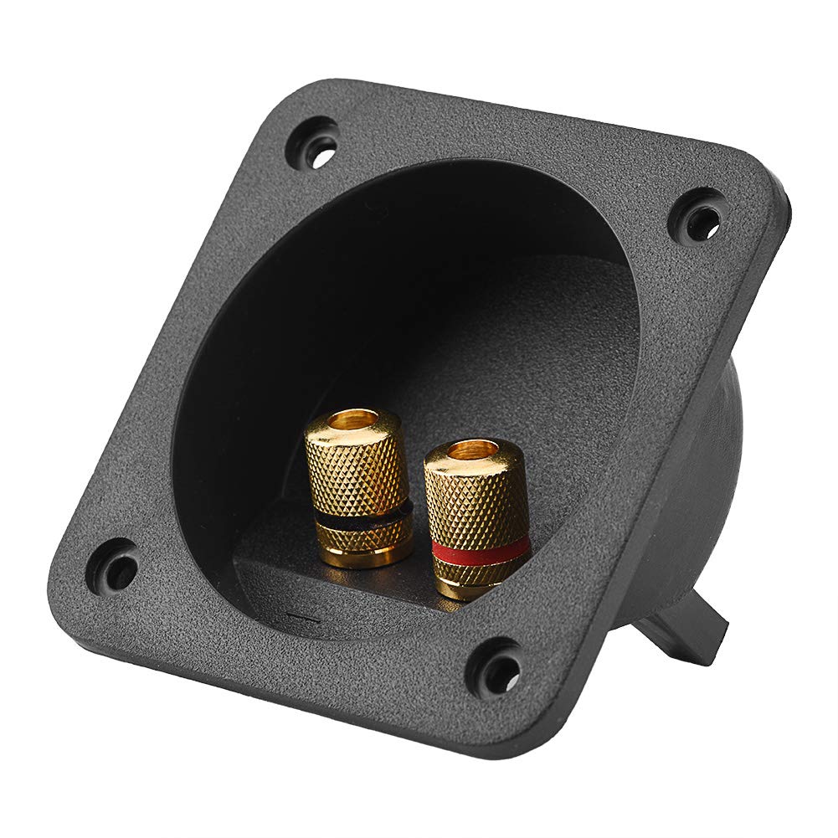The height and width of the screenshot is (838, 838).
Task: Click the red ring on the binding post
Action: [x=480, y=550]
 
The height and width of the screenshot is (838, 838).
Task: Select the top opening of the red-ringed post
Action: [x=473, y=452]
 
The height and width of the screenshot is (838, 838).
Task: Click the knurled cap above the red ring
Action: [x=476, y=498]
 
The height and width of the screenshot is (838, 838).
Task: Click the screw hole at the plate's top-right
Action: [x=699, y=215]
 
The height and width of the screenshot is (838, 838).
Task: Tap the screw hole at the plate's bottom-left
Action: [x=116, y=568]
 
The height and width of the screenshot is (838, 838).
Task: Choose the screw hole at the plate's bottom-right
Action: [x=496, y=669]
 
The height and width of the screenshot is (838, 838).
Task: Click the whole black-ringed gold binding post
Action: [x=358, y=486]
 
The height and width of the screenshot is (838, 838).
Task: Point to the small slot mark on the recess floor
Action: [x=303, y=620]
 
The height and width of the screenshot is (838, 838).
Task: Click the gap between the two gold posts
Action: [x=418, y=519]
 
